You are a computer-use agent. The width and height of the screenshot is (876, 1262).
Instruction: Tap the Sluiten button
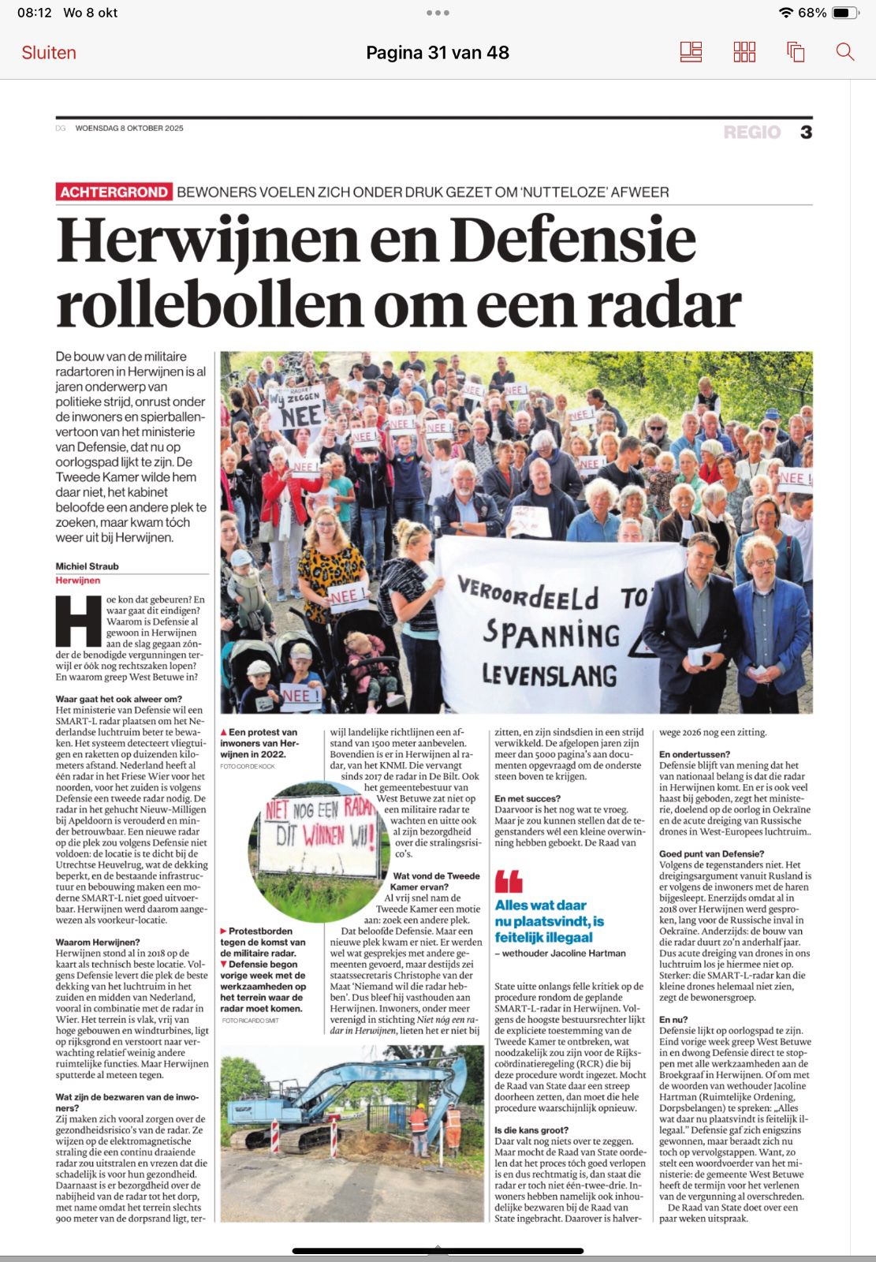point(49,53)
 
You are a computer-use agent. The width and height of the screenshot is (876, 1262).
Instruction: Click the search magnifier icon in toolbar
point(844,53)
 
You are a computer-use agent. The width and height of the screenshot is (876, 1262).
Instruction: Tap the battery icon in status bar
point(844,13)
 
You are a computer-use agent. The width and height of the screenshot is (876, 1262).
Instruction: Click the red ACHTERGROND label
point(114,192)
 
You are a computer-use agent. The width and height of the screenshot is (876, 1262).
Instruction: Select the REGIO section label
point(751,132)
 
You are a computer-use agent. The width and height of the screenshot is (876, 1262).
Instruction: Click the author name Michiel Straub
point(87,566)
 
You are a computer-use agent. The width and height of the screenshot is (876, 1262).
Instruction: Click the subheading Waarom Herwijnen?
point(97,943)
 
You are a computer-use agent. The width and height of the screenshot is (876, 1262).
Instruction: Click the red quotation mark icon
point(509,881)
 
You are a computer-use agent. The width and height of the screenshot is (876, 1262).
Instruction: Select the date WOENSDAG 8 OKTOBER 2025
point(129,128)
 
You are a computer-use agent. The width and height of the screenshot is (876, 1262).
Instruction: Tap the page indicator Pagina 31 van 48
point(438,53)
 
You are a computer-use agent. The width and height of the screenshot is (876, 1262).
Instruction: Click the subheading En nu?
point(673,1020)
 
